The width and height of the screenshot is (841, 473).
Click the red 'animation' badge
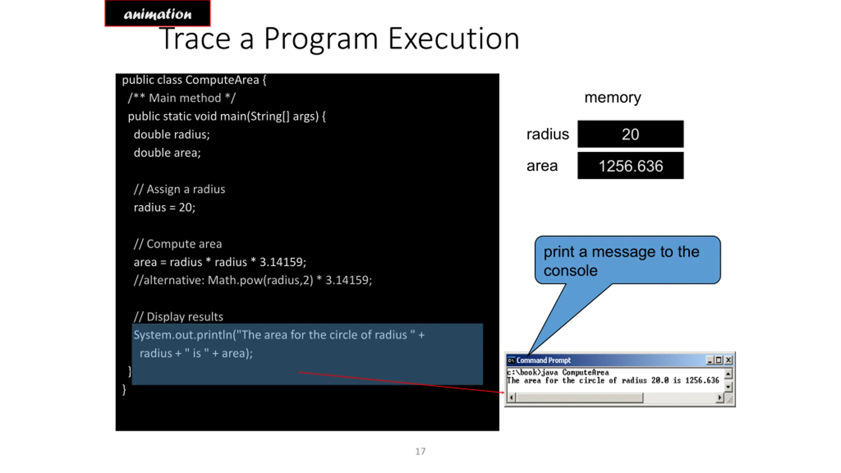click(157, 13)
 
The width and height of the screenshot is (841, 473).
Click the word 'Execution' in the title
click(454, 39)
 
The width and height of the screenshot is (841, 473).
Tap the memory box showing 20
click(630, 134)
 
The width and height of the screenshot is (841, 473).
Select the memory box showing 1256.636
click(630, 166)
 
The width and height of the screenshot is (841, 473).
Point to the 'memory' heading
click(613, 98)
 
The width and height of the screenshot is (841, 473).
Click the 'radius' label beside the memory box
click(548, 134)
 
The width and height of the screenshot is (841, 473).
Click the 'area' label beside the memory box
click(542, 166)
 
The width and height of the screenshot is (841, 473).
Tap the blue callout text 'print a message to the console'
click(621, 261)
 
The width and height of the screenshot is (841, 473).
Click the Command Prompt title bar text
click(543, 360)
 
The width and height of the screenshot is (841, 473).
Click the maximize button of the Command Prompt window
click(719, 360)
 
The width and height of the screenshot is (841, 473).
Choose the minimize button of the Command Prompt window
click(710, 360)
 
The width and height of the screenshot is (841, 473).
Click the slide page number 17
click(420, 451)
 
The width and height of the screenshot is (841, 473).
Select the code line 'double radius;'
click(171, 134)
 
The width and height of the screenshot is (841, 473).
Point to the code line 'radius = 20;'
click(164, 207)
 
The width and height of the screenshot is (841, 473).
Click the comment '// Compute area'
click(178, 244)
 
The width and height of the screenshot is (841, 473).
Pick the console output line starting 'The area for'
click(613, 381)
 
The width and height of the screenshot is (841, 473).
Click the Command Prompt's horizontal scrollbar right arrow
click(719, 398)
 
